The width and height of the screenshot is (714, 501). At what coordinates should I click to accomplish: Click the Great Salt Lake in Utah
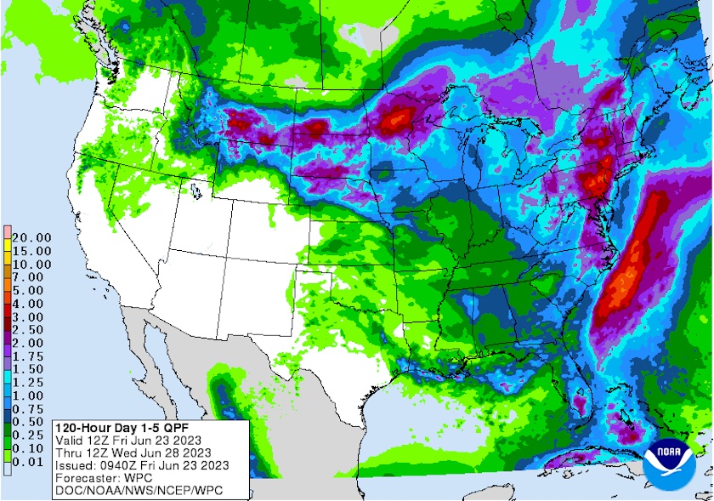point(195,191)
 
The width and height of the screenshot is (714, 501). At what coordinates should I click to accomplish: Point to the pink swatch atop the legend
point(7,231)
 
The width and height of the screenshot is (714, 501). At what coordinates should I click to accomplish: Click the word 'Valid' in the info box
point(70,440)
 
